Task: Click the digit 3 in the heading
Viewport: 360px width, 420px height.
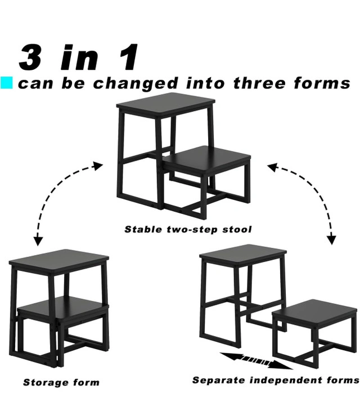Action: click(x=30, y=57)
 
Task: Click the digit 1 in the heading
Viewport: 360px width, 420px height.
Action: click(x=129, y=57)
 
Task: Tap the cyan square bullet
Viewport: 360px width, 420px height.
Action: click(x=6, y=83)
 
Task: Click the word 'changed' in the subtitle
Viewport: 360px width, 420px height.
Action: click(x=136, y=83)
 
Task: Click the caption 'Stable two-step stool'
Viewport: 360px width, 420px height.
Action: click(x=188, y=229)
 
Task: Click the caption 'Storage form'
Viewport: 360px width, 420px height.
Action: click(x=61, y=382)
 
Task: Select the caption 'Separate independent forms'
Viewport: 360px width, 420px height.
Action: click(x=276, y=381)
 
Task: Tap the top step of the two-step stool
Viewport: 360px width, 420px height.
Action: click(x=166, y=102)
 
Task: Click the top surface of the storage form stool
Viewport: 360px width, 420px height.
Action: click(x=59, y=260)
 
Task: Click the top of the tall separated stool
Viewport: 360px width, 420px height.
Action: click(x=243, y=253)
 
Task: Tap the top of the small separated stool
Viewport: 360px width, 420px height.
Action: click(x=315, y=310)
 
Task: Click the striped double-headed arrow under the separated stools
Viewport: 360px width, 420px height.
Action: click(x=256, y=361)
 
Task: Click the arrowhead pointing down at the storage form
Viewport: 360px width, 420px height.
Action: click(x=39, y=240)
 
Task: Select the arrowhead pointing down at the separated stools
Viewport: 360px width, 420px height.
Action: click(x=332, y=239)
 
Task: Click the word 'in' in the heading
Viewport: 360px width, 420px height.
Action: click(x=79, y=57)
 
